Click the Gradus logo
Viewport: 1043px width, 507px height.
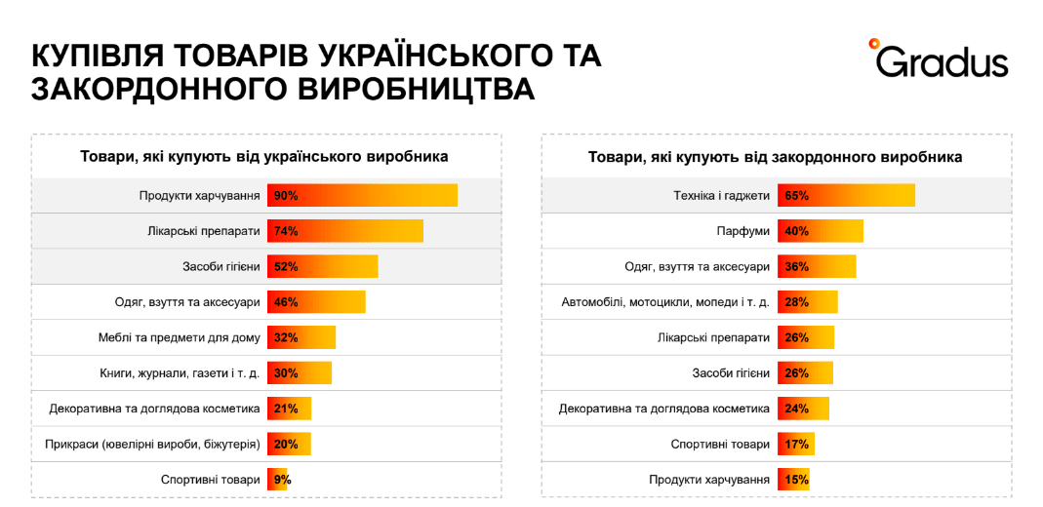(x=938, y=59)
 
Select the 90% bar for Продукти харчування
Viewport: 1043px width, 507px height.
(x=362, y=195)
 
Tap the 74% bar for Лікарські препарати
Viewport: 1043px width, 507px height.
(x=344, y=231)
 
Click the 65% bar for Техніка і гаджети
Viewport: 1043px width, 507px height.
(x=846, y=195)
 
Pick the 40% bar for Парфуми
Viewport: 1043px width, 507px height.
(x=821, y=231)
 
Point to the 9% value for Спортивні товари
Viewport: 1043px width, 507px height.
(x=282, y=480)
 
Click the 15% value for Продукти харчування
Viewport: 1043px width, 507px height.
(x=796, y=480)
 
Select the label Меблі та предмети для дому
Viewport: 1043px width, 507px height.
(x=180, y=337)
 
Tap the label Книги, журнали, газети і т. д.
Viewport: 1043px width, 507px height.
(x=180, y=373)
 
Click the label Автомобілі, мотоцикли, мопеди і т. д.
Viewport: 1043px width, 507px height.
(x=665, y=302)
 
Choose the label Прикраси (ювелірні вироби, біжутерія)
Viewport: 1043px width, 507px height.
(x=152, y=445)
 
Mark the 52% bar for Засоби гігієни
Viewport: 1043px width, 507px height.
(x=322, y=266)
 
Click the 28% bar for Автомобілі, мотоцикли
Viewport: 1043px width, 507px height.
(x=807, y=302)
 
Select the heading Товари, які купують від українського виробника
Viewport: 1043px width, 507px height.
(x=264, y=156)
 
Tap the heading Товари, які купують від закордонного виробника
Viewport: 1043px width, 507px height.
(x=776, y=156)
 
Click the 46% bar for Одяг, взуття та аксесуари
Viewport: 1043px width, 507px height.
(x=316, y=302)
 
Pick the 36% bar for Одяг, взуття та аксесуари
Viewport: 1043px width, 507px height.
(x=817, y=266)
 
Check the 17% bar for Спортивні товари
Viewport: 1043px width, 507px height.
(x=796, y=445)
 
